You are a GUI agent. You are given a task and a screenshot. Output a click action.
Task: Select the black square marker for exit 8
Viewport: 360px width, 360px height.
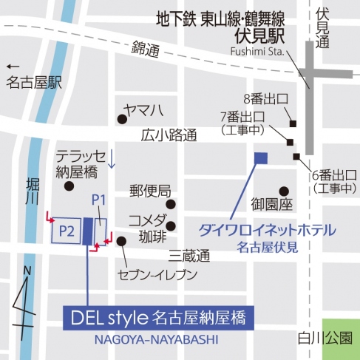pyautogui.click(x=293, y=123)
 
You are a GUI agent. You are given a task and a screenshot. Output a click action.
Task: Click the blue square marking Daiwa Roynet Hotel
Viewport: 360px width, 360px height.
pyautogui.click(x=259, y=157)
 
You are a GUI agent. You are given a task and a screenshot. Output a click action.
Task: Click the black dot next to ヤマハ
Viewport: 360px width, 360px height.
pyautogui.click(x=121, y=118)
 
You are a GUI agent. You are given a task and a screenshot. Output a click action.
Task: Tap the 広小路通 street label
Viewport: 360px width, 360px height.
pyautogui.click(x=169, y=135)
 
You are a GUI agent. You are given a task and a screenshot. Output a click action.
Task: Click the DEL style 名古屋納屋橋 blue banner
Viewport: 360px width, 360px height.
pyautogui.click(x=159, y=319)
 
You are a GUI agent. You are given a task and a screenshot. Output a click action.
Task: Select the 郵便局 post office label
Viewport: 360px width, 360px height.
pyautogui.click(x=150, y=190)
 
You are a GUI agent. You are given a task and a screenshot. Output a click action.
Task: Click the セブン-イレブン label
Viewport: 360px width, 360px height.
pyautogui.click(x=157, y=276)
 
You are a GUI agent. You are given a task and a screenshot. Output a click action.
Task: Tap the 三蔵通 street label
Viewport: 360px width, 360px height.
pyautogui.click(x=189, y=256)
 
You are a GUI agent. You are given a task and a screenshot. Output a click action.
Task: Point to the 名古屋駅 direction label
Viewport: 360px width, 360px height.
pyautogui.click(x=33, y=84)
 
